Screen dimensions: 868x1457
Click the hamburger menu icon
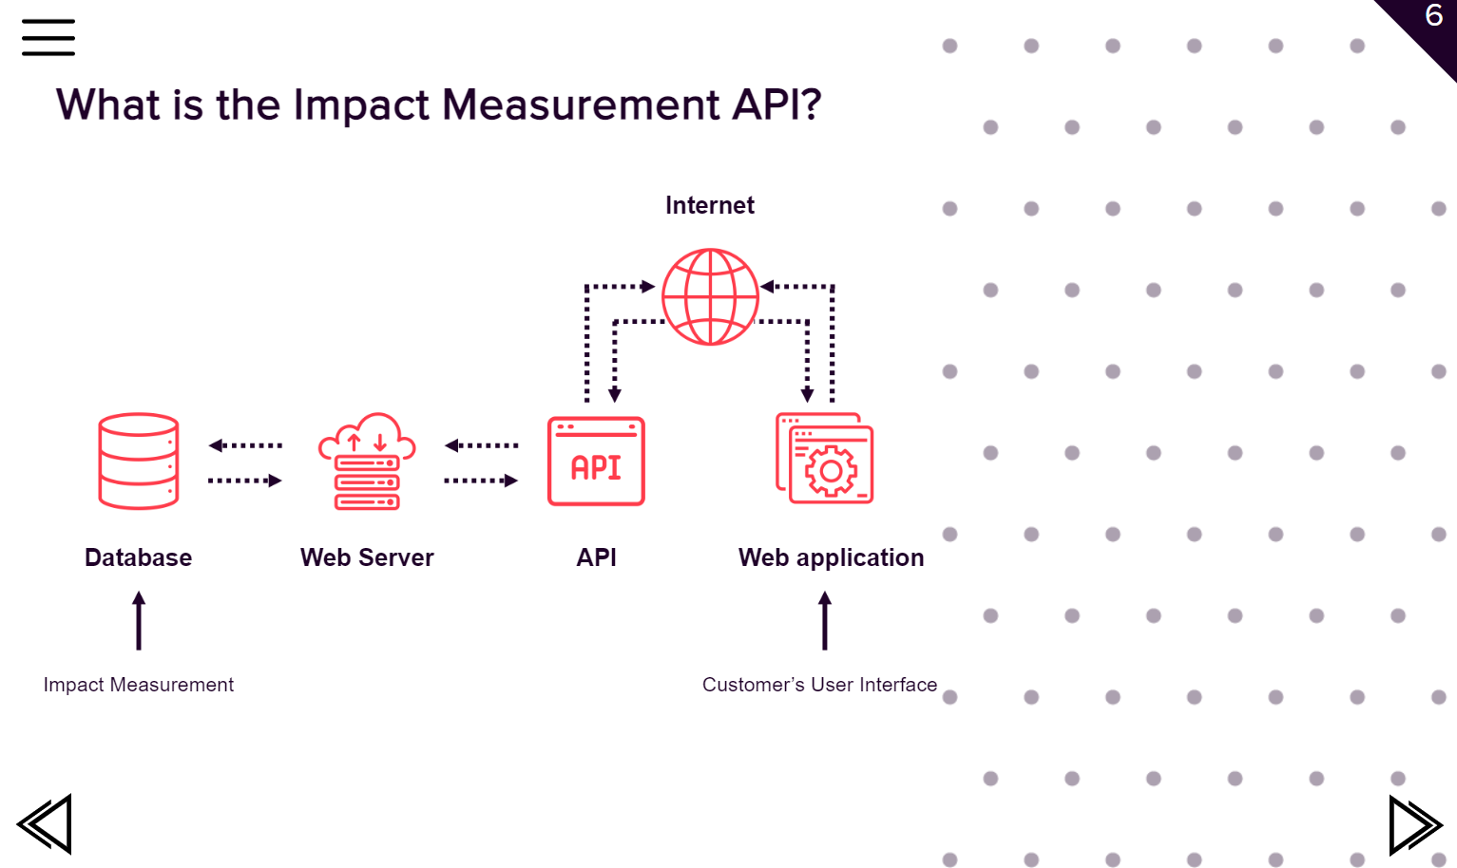(48, 37)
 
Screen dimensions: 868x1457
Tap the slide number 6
(1433, 16)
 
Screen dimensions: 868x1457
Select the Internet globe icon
(710, 296)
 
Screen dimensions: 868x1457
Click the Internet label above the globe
(709, 205)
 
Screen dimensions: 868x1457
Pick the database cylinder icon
(139, 462)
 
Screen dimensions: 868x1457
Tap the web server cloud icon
(367, 462)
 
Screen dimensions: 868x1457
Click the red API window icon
(596, 462)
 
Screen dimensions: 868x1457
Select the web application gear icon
(825, 459)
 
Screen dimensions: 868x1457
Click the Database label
(139, 557)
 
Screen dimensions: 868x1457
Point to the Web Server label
(367, 557)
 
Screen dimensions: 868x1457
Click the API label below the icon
(596, 557)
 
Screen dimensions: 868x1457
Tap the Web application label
(831, 557)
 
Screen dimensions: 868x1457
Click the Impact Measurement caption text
(139, 685)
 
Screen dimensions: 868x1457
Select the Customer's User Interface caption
(819, 685)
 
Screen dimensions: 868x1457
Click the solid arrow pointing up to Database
(139, 620)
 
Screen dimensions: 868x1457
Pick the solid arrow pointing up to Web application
(825, 620)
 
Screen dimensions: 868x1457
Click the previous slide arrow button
(45, 823)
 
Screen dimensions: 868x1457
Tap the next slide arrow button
(1414, 824)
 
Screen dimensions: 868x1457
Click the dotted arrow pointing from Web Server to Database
(245, 445)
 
